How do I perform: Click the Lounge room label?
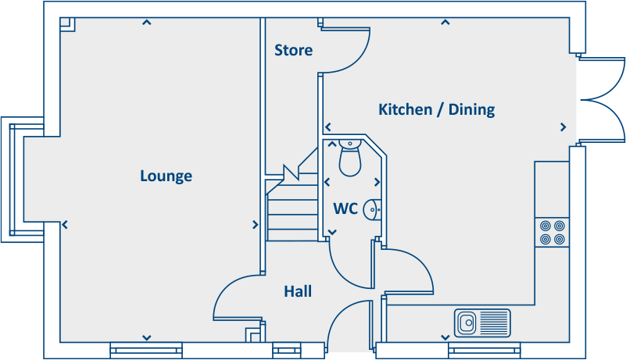(x=166, y=176)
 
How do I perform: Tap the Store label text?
(x=293, y=50)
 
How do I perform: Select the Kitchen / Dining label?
(x=436, y=109)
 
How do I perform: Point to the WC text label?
(x=345, y=209)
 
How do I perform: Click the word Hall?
(x=298, y=291)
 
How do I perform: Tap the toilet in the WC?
(x=349, y=159)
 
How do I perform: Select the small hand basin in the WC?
(x=374, y=209)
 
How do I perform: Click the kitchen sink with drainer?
(x=482, y=322)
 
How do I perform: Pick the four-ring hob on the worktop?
(x=553, y=232)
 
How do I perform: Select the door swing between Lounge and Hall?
(x=236, y=298)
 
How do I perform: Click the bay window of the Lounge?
(x=22, y=179)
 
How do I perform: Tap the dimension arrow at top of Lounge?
(x=146, y=23)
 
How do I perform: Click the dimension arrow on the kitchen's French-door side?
(x=563, y=127)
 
